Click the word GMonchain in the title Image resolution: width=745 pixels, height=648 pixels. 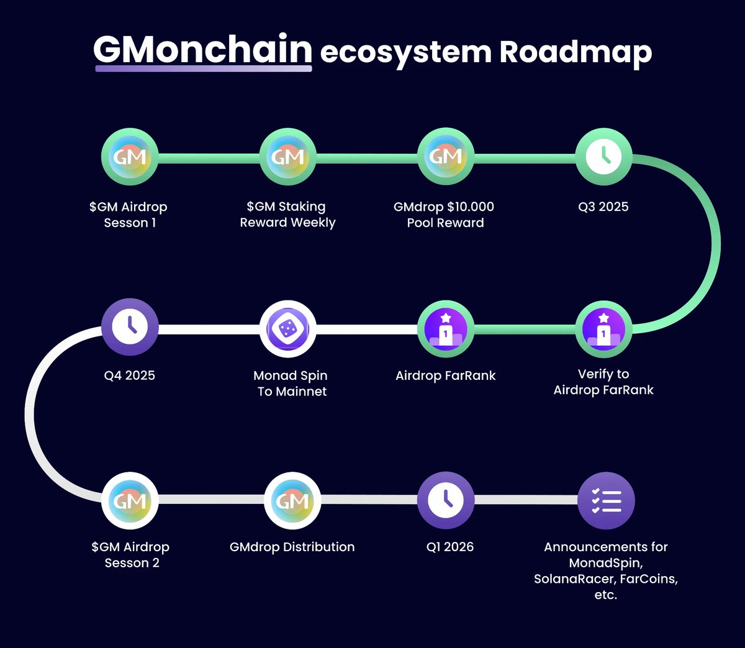(202, 50)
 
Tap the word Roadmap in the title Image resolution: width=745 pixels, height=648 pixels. (576, 52)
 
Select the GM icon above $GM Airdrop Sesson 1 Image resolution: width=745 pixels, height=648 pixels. (130, 156)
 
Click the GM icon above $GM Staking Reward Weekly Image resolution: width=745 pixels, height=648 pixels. (287, 156)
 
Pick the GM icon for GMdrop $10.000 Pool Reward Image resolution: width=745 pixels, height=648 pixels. (446, 156)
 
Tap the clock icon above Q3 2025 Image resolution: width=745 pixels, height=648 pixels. (603, 156)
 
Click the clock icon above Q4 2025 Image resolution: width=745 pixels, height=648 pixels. (130, 327)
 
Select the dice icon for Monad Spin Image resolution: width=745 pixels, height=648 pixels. (287, 329)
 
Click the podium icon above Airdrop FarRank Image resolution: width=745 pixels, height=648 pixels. (446, 329)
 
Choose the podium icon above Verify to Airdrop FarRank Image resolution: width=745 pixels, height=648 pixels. (603, 329)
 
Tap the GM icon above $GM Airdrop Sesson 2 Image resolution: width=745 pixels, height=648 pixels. (130, 500)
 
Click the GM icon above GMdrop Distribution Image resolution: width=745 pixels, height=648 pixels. (292, 500)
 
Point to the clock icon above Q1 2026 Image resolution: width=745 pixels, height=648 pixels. (446, 500)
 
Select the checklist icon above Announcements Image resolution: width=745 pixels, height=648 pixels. (606, 500)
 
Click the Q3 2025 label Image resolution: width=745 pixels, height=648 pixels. (603, 207)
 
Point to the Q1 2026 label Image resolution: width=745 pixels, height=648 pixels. (450, 547)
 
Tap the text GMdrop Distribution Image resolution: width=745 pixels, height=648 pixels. (292, 547)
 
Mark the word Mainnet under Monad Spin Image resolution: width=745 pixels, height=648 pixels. (301, 392)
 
